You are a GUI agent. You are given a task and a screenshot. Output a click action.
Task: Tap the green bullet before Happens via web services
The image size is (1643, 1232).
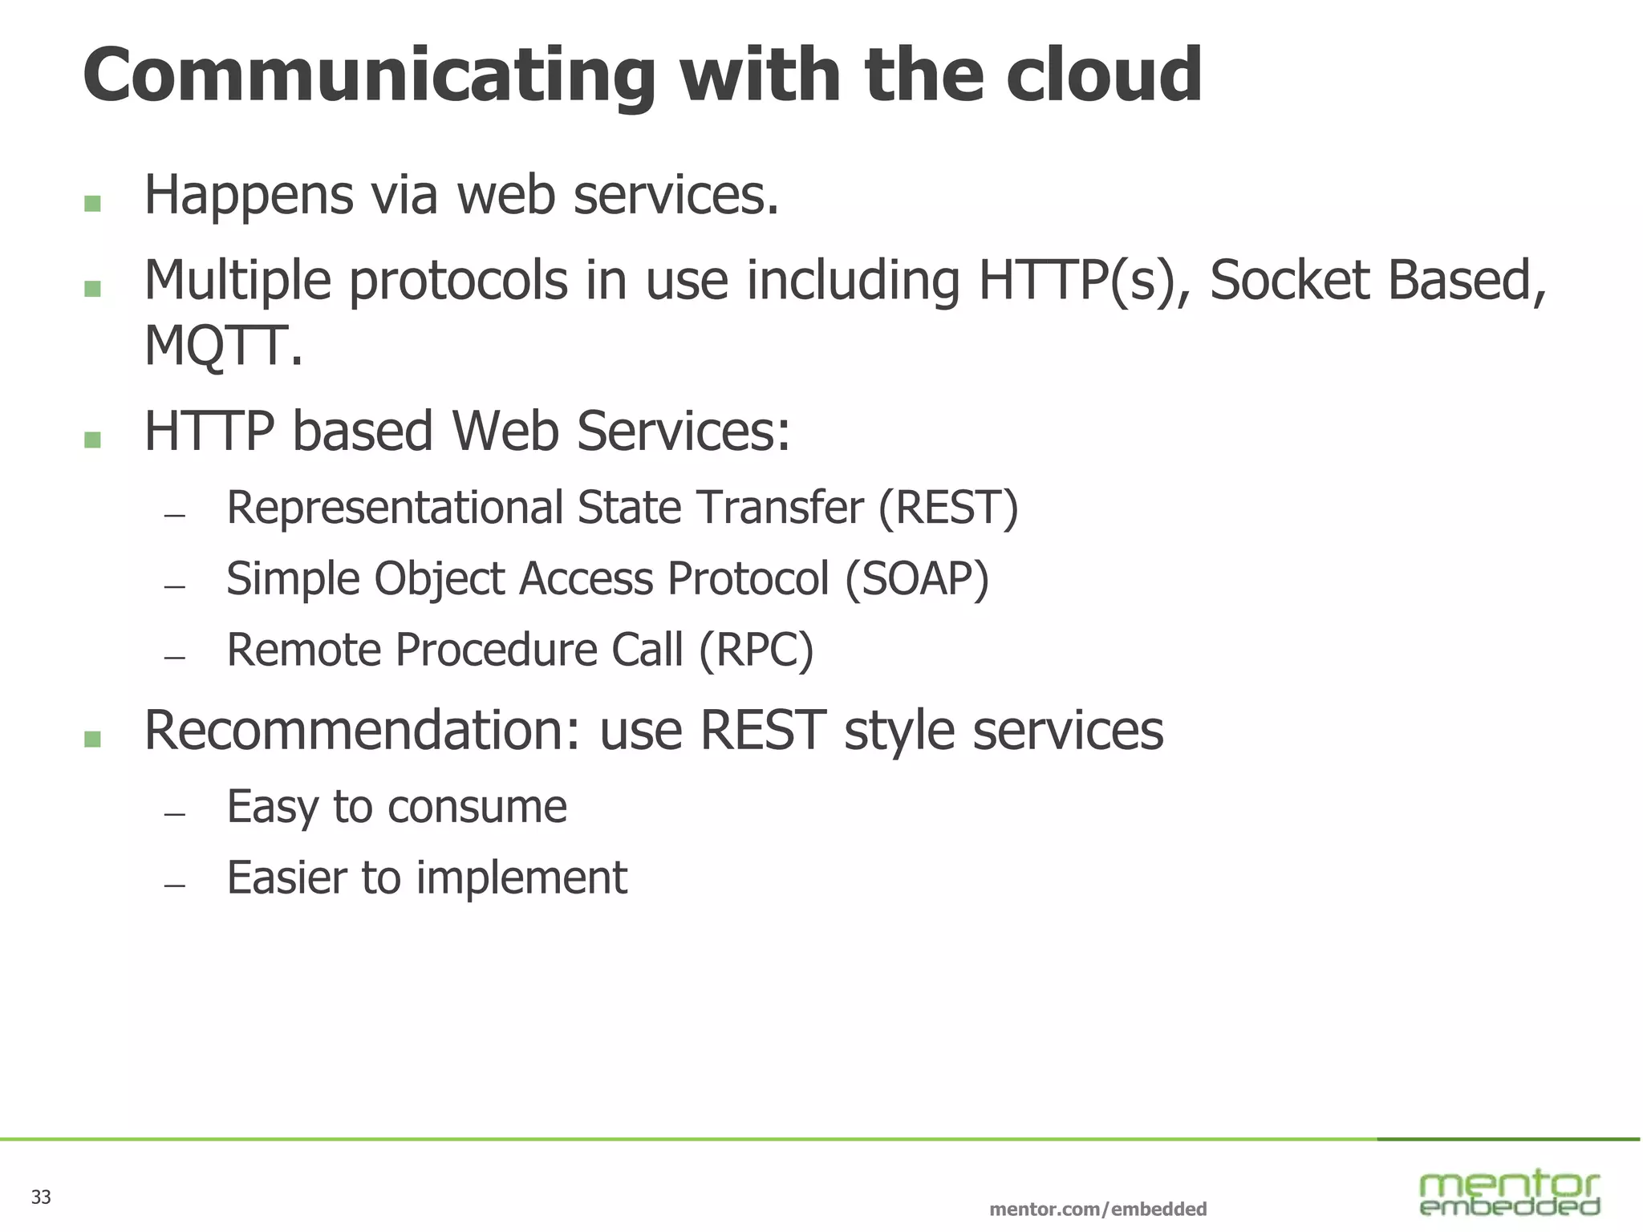point(92,203)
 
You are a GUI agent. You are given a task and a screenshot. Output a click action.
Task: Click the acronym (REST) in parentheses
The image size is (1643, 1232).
point(948,509)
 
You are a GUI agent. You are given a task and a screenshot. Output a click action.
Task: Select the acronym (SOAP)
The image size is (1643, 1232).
point(917,579)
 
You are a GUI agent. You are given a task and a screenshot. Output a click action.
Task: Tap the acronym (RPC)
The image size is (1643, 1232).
point(756,650)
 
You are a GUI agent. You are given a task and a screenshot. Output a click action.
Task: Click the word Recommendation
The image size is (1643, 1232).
point(361,731)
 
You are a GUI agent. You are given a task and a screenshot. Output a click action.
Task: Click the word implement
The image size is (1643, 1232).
point(521,877)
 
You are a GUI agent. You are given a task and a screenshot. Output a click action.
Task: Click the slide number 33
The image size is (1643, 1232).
point(41,1198)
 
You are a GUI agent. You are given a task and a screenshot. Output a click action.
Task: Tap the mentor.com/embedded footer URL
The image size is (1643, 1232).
point(1097,1209)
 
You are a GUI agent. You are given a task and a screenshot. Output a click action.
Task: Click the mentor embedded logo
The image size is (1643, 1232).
point(1509,1193)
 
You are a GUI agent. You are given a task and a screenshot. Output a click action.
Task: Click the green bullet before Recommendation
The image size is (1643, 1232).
point(92,739)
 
